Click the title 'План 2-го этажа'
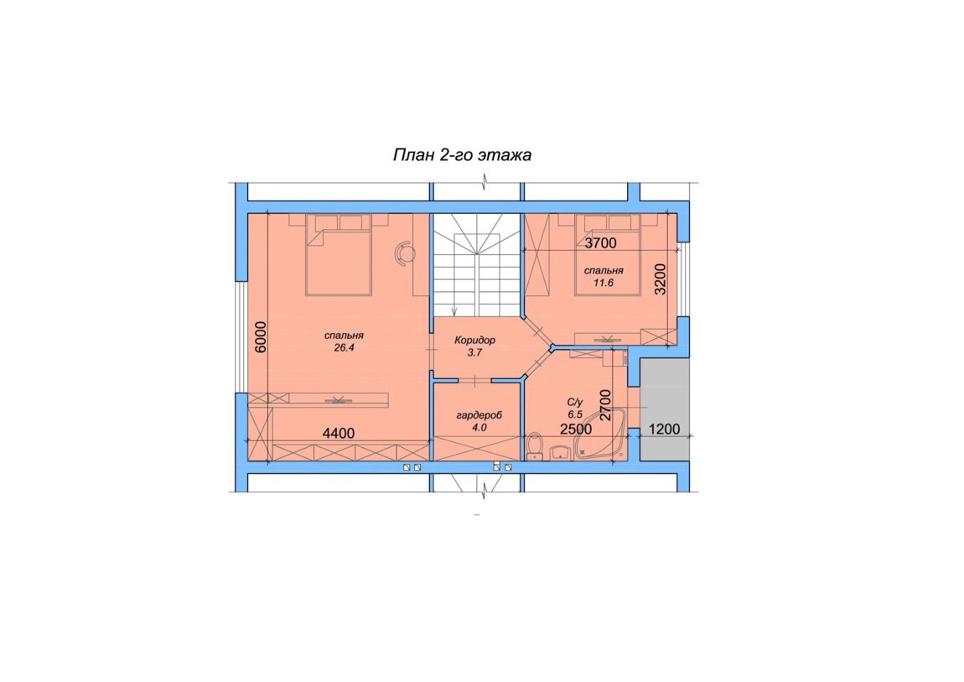pyautogui.click(x=462, y=154)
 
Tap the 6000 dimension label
pyautogui.click(x=261, y=336)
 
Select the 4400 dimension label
pyautogui.click(x=339, y=433)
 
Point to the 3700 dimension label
pyautogui.click(x=600, y=243)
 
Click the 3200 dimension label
pyautogui.click(x=660, y=279)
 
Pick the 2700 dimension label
pyautogui.click(x=605, y=405)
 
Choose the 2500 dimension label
pyautogui.click(x=576, y=429)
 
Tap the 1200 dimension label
pyautogui.click(x=664, y=429)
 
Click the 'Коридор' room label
pyautogui.click(x=474, y=340)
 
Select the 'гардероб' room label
pyautogui.click(x=479, y=415)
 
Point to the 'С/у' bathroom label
pyautogui.click(x=575, y=402)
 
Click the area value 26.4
pyautogui.click(x=345, y=347)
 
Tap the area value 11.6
pyautogui.click(x=604, y=283)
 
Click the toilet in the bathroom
pyautogui.click(x=534, y=445)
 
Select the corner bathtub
pyautogui.click(x=601, y=435)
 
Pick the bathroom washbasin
pyautogui.click(x=560, y=453)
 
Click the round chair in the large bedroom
pyautogui.click(x=404, y=252)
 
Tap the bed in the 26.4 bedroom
pyautogui.click(x=339, y=255)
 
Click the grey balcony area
pyautogui.click(x=664, y=409)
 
